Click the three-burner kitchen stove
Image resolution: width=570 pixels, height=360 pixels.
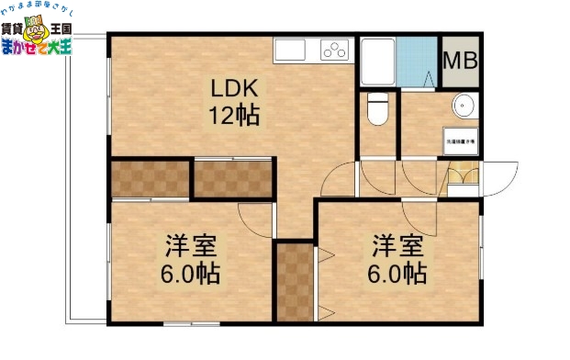pyautogui.click(x=335, y=50)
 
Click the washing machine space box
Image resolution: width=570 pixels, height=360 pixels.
pyautogui.click(x=459, y=141)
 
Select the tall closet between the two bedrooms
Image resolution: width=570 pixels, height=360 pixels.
pyautogui.click(x=295, y=280)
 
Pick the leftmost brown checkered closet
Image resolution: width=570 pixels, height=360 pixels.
pyautogui.click(x=150, y=178)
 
